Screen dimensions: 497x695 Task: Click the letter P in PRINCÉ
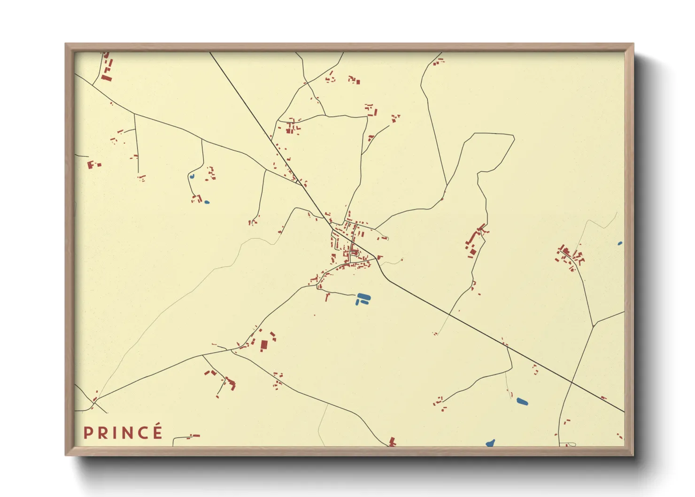pyautogui.click(x=87, y=433)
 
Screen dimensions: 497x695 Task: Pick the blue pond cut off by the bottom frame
pyautogui.click(x=490, y=443)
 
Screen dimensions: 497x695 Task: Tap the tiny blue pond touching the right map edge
pyautogui.click(x=620, y=243)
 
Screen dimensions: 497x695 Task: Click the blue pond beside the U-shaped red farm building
pyautogui.click(x=207, y=202)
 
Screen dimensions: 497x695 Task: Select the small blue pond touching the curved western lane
pyautogui.click(x=192, y=176)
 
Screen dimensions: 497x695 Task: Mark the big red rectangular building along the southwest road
pyautogui.click(x=264, y=345)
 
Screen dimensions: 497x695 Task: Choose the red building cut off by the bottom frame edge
pyautogui.click(x=392, y=442)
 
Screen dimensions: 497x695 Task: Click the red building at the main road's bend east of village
pyautogui.click(x=379, y=257)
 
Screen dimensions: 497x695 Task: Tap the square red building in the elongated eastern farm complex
pyautogui.click(x=473, y=252)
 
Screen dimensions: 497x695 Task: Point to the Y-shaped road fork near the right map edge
pyautogui.click(x=594, y=324)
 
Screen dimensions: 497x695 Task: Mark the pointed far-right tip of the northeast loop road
pyautogui.click(x=514, y=138)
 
